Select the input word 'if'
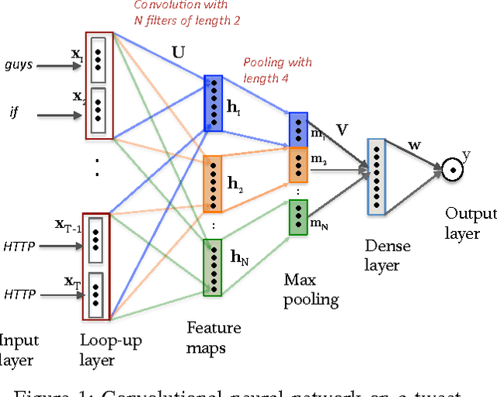(14, 112)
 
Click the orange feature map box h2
(213, 184)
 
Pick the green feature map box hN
(213, 267)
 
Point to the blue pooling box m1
(298, 129)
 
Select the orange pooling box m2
(298, 164)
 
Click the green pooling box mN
(298, 217)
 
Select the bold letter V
(340, 129)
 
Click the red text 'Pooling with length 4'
(278, 70)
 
